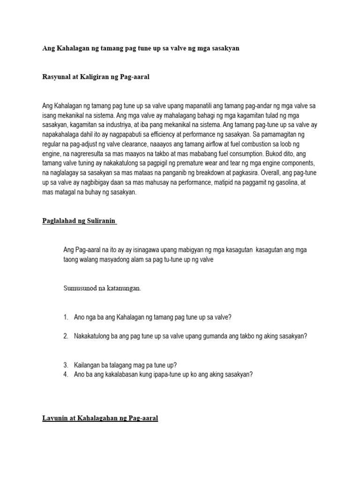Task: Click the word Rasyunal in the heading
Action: [55, 77]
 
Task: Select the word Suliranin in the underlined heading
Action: [100, 221]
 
